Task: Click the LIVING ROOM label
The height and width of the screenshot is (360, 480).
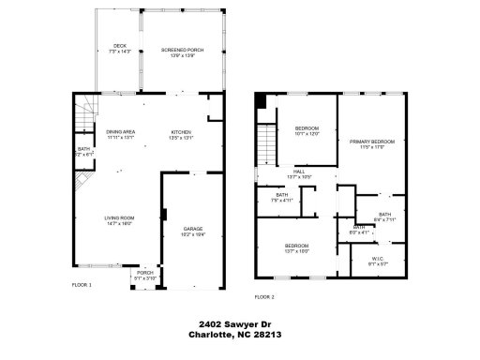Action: coord(119,221)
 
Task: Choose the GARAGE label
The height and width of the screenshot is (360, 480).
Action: coord(193,229)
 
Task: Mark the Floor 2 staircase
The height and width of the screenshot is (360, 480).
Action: coord(269,145)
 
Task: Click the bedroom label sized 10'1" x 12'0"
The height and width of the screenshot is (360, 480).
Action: coord(307,130)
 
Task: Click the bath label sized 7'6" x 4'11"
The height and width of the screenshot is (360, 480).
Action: coord(282,198)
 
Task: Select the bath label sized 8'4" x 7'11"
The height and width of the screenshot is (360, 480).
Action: coord(384,217)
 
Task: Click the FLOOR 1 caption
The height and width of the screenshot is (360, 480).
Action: coord(82,283)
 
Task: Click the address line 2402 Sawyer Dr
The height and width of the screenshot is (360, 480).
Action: coord(239,322)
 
